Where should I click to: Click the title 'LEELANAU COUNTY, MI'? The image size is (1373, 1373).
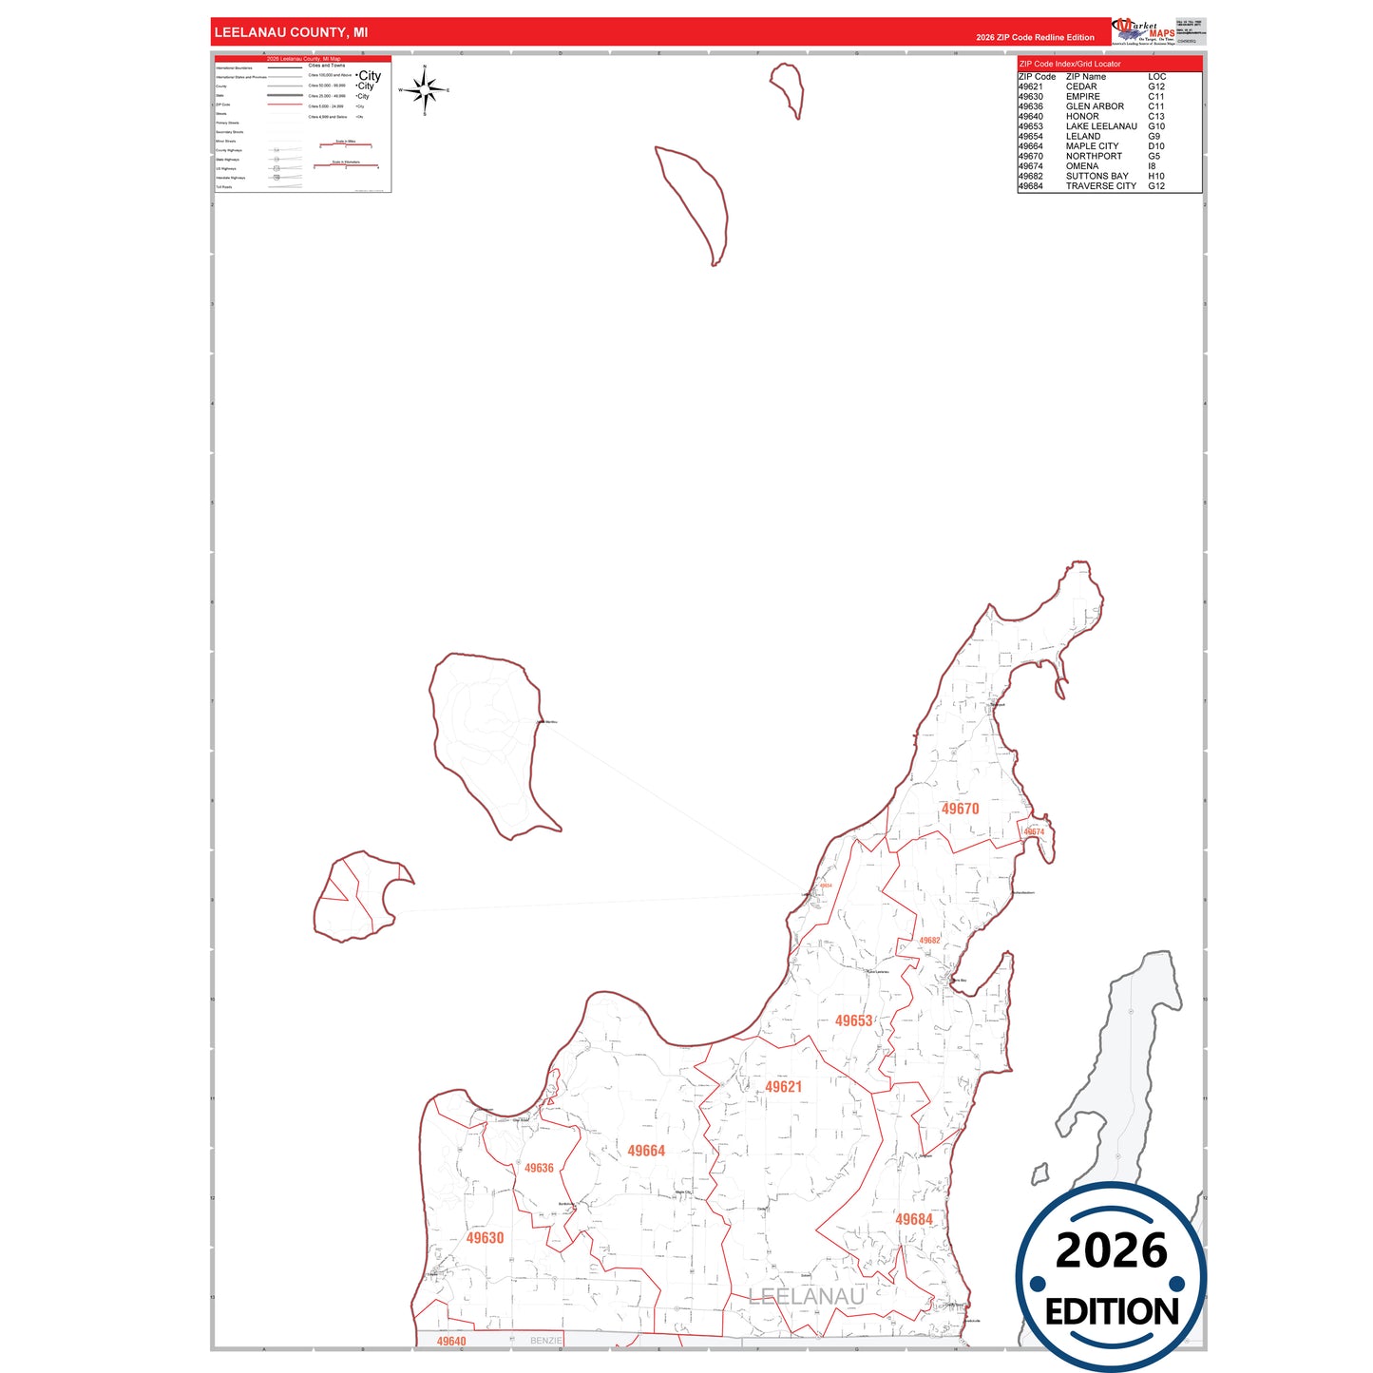(291, 32)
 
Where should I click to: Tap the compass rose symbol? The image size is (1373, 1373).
(425, 90)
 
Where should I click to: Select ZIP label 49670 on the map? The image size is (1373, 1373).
(960, 809)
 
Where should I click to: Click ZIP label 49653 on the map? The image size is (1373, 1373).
(853, 1020)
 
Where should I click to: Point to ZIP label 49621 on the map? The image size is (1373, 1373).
(784, 1087)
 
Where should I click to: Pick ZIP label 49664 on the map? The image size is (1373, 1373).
(646, 1151)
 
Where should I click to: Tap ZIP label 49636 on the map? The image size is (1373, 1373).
(539, 1168)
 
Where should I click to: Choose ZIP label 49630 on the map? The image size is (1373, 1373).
(485, 1238)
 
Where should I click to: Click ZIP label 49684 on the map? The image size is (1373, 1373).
(914, 1219)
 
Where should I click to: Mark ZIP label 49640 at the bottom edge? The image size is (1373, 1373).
(451, 1342)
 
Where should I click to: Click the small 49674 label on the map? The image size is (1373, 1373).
(1034, 831)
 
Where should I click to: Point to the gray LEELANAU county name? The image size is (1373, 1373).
(807, 1296)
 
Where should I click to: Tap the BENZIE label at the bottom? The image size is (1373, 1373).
(546, 1341)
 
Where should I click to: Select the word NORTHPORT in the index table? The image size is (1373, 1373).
(1094, 156)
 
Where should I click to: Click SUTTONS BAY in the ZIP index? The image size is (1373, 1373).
(1097, 176)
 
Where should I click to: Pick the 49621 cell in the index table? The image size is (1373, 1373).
(1031, 86)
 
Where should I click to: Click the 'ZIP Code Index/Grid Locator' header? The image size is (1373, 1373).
(1070, 64)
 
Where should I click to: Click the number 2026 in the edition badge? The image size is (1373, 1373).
(1111, 1250)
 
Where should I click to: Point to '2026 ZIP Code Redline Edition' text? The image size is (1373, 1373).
(1035, 37)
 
